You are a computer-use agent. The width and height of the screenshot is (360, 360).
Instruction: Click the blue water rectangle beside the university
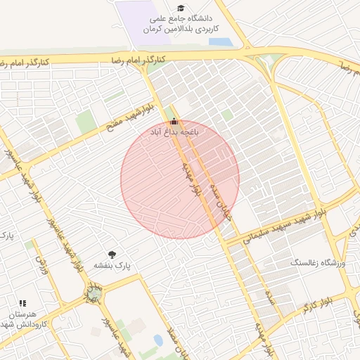tap(221, 41)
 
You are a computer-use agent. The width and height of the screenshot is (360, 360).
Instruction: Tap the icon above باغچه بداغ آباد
tap(174, 121)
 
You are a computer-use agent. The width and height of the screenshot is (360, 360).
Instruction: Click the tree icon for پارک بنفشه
tap(111, 255)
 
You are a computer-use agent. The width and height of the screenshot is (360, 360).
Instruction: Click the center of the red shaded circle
tap(180, 179)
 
